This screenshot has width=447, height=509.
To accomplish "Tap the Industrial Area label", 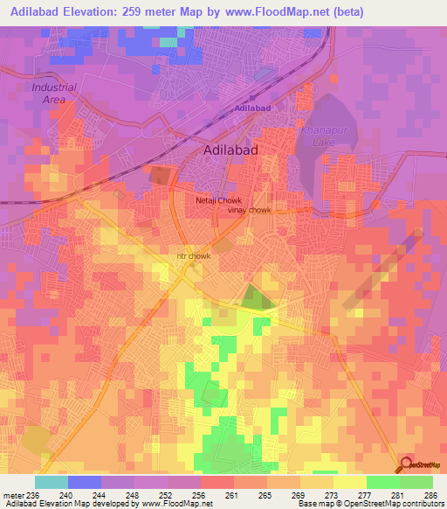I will (x=53, y=94).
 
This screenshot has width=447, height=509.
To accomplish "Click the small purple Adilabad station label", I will (x=253, y=108).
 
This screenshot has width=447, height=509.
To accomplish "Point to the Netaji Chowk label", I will (x=217, y=200).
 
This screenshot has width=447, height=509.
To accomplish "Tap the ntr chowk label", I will (x=194, y=256).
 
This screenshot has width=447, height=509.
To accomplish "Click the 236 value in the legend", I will (x=32, y=494).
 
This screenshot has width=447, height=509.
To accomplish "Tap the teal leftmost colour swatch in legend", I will (x=51, y=482).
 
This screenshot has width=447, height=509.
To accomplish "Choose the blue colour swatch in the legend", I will (x=84, y=482).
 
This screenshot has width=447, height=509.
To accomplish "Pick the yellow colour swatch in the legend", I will (x=349, y=482).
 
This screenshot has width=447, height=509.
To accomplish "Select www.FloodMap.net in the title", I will (x=279, y=12).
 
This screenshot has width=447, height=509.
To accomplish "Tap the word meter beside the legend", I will (x=12, y=494).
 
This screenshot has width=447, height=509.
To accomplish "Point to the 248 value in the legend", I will (x=132, y=494).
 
